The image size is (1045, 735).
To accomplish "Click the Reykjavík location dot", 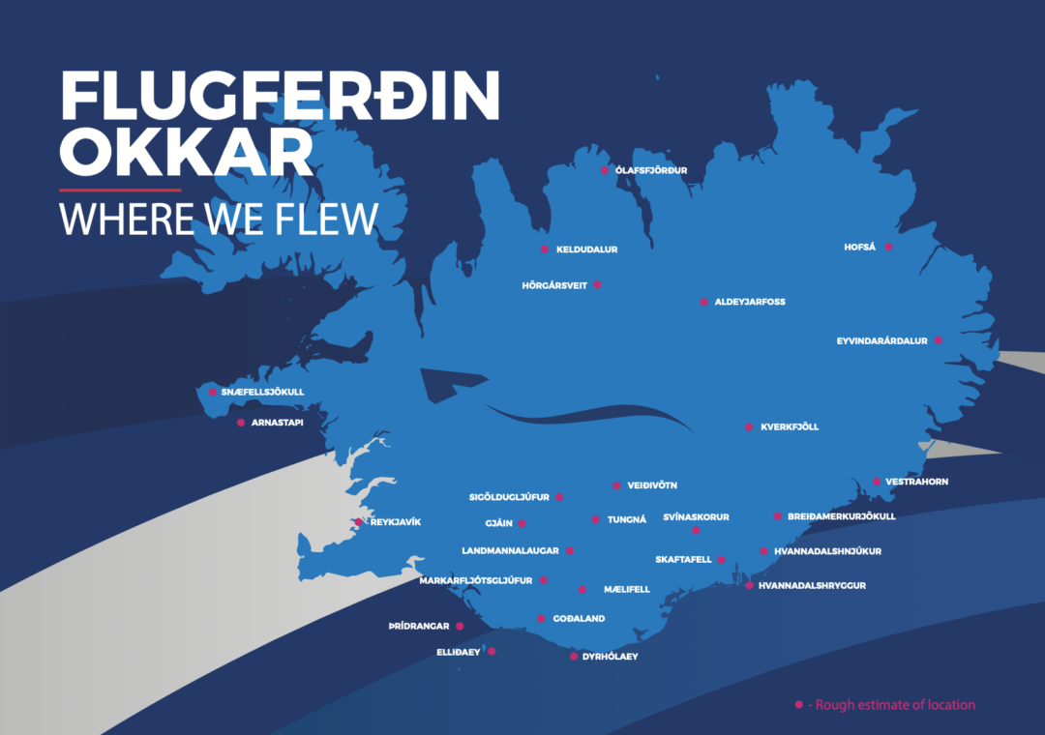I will pos(358,522).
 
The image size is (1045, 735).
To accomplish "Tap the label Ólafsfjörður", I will pos(651,170).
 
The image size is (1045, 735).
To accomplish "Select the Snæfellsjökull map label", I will pos(262,392).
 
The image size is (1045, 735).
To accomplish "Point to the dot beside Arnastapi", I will pos(241,423).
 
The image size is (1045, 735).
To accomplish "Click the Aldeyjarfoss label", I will pos(750,302).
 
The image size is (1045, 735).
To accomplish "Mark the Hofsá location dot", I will pos(888,247).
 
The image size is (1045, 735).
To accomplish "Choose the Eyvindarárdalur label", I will pos(881,340).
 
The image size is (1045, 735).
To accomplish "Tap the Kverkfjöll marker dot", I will pos(748,426).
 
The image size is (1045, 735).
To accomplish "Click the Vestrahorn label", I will pos(916,482).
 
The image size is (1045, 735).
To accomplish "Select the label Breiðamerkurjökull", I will pos(842,516).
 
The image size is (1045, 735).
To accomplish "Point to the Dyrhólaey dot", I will pos(574,657).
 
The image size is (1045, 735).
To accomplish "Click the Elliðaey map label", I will pos(459,652).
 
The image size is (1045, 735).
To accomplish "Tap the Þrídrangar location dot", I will pos(460,627).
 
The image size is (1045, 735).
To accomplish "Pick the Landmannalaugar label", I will pos(510,550).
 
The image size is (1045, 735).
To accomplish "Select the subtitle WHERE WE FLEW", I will pos(219,219).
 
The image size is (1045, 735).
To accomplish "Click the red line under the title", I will pos(120,190).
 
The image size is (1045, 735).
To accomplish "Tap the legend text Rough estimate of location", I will pos(895,705).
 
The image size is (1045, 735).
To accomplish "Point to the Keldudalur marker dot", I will pos(544,250).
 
